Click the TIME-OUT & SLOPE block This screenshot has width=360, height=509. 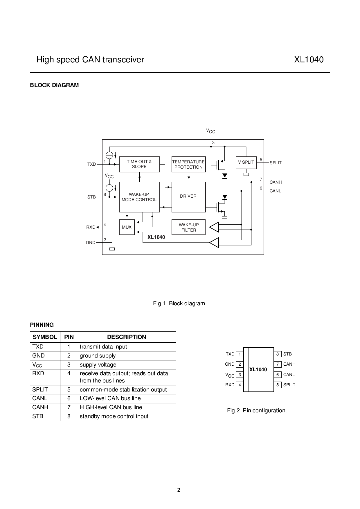coord(139,164)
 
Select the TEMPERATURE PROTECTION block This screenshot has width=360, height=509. coord(189,164)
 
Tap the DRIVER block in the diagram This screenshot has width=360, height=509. coord(189,197)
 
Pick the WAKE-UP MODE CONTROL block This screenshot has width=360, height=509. coord(139,197)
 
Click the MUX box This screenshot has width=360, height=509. coord(127,227)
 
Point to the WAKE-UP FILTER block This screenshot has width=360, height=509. coord(189,227)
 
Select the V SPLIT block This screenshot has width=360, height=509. coord(246,163)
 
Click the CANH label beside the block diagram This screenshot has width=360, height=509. coord(276,182)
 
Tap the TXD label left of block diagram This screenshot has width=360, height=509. coord(92,164)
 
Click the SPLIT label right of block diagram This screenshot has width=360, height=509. coord(276,163)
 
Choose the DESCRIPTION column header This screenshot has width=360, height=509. coord(127,337)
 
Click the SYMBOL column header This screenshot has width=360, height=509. coord(45,337)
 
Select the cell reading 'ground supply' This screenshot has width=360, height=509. coord(98,356)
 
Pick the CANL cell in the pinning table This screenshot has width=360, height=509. coord(40,398)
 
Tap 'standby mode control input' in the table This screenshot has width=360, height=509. coord(114,416)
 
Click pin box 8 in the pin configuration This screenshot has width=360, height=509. coord(278,354)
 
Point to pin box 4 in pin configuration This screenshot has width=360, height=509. coord(240,385)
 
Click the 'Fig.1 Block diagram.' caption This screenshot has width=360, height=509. coord(180,304)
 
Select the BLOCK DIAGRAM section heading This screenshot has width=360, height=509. coord(54,85)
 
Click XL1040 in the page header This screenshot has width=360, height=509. coord(309,60)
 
